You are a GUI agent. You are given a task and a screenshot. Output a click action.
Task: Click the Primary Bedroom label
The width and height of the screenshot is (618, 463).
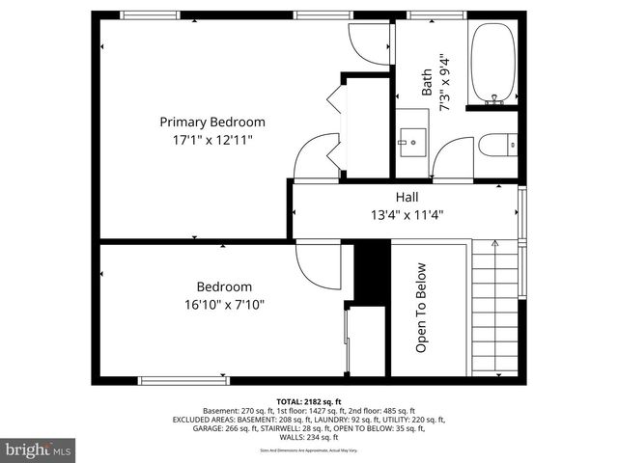211,123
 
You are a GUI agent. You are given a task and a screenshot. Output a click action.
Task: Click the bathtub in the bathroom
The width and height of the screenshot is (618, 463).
492,63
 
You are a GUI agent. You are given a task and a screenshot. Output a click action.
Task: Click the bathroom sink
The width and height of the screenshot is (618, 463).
413,142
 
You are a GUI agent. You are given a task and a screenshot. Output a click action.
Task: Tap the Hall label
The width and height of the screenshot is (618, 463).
407,196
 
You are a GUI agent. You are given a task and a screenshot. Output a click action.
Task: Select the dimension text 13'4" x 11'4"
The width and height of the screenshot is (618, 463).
407,214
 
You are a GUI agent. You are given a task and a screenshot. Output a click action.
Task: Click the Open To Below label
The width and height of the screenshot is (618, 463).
422,308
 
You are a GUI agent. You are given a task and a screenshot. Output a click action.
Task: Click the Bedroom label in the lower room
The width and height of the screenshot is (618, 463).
224,286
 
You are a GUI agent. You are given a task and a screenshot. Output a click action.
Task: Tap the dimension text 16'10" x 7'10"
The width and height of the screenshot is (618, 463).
224,304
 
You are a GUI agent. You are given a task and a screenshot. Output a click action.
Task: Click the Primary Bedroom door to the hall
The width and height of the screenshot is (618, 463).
316,159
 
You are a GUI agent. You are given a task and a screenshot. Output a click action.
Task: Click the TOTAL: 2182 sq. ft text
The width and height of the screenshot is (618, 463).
309,401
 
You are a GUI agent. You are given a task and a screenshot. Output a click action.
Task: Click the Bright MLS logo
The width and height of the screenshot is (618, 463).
39,449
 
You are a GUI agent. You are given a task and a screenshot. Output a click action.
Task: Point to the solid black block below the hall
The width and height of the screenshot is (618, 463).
369,272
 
